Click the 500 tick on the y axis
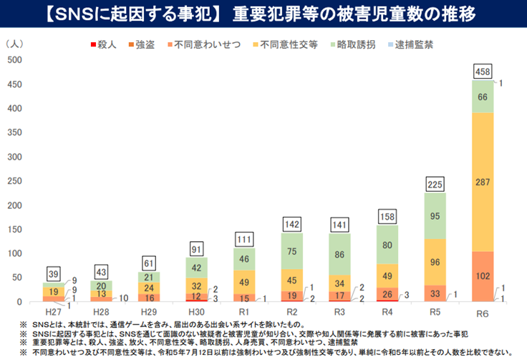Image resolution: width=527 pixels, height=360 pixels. pyautogui.click(x=13, y=59)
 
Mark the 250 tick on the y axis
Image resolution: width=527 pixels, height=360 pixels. pyautogui.click(x=13, y=180)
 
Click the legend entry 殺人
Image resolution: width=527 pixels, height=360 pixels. pyautogui.click(x=105, y=44)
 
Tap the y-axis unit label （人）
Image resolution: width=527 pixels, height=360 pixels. pyautogui.click(x=14, y=44)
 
